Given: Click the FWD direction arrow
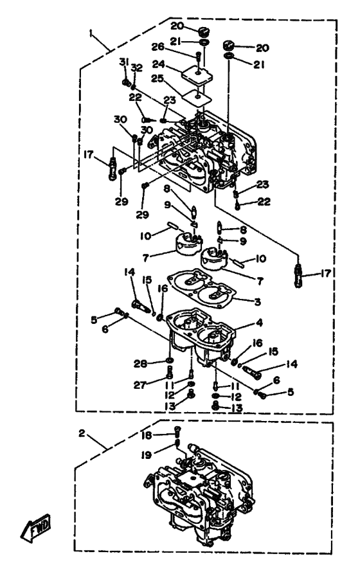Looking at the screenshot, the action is click(x=36, y=528).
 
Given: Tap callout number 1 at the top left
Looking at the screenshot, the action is click(x=91, y=33).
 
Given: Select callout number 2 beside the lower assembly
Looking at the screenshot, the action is click(x=82, y=433).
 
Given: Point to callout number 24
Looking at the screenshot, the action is click(x=159, y=64).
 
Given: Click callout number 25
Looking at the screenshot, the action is click(x=157, y=78).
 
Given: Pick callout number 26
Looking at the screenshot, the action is click(x=157, y=47).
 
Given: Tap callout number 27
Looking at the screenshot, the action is click(x=139, y=385).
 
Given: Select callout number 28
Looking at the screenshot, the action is click(x=141, y=364).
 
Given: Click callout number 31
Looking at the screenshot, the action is click(x=123, y=62).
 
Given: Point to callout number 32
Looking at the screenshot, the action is click(x=137, y=67).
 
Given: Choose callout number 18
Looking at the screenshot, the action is click(x=147, y=435).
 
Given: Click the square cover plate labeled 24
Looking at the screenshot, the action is click(x=197, y=75).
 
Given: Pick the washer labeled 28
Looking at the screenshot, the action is click(x=169, y=360).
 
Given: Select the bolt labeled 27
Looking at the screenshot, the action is click(x=169, y=372).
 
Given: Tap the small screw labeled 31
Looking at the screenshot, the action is click(x=126, y=83).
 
